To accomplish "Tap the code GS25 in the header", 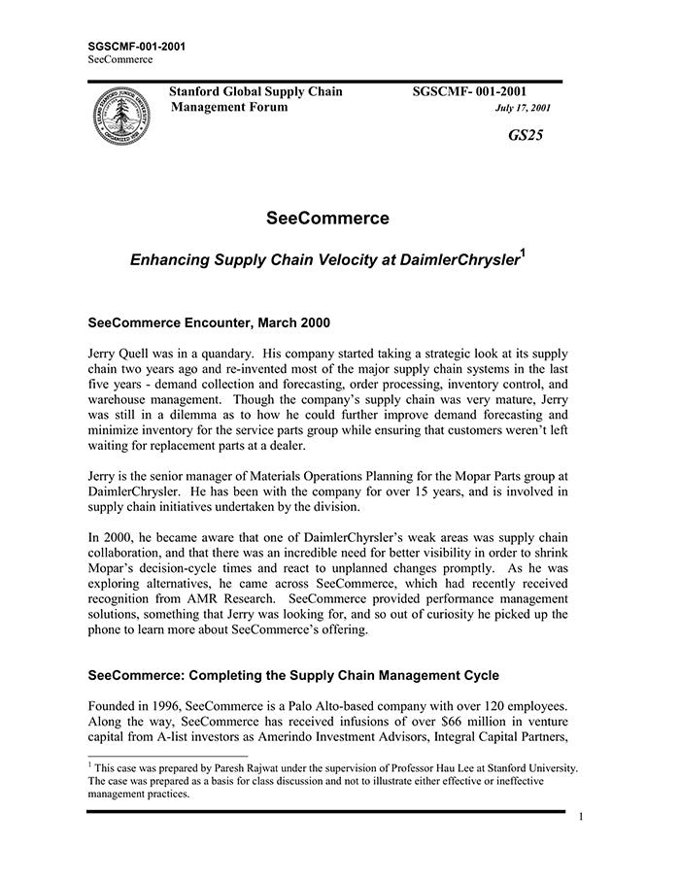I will pos(526,135).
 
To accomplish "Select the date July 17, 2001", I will pos(523,108).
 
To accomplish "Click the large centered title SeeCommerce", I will pos(327,219).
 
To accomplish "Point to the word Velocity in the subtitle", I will pos(320,262).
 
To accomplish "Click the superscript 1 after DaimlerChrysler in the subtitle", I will pos(523,254).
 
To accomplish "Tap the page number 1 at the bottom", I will pos(580,817).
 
